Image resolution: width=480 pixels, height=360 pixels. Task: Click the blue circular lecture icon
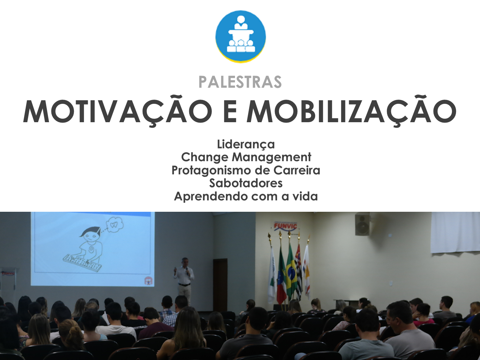tap(241, 36)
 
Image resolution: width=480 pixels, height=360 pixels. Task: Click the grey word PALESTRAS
tap(240, 82)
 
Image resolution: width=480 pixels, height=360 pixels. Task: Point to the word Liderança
tap(246, 144)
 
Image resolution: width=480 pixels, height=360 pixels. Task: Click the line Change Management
tap(246, 157)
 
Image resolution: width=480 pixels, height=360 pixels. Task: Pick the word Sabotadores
tap(246, 183)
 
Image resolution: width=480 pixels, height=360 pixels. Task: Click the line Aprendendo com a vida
tap(246, 196)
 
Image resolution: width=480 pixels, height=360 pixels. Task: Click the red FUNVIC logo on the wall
tap(285, 226)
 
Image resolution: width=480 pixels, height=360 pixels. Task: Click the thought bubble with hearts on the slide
tap(115, 225)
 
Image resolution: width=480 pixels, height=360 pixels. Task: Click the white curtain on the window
tap(455, 233)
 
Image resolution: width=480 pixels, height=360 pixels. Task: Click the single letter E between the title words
tap(230, 111)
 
